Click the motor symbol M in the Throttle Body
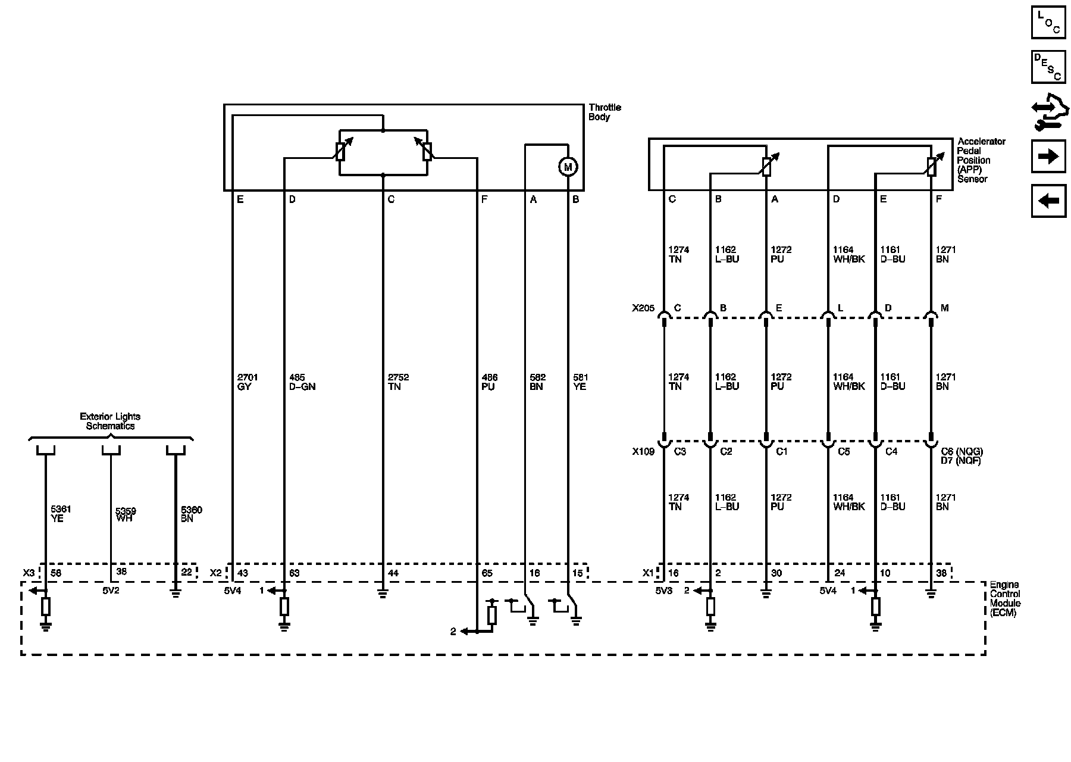coord(568,167)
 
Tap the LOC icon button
coord(1048,22)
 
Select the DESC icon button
coord(1048,67)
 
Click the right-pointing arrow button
coord(1048,156)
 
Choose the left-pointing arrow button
coord(1048,201)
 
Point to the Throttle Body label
coord(605,112)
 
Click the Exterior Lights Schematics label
coord(110,421)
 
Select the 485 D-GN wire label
coord(302,382)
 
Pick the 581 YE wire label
coord(580,382)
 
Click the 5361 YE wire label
coord(61,514)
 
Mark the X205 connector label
coord(643,308)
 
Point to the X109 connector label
coord(643,452)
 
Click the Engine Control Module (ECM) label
coord(1005,599)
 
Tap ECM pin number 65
coord(487,573)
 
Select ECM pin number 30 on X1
coord(776,573)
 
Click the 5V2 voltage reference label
coord(111,591)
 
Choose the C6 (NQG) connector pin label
coord(962,452)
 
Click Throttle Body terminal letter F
coord(484,200)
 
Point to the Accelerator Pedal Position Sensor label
coord(981,160)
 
